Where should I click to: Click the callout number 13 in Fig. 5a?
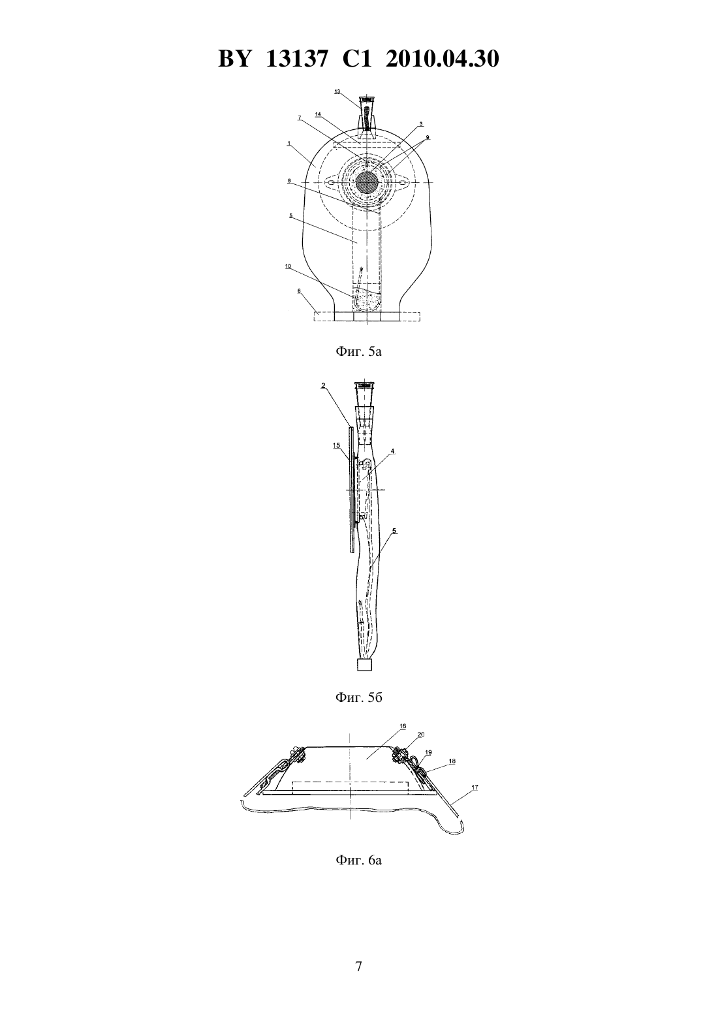(x=337, y=91)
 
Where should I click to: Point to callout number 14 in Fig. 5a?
(x=318, y=115)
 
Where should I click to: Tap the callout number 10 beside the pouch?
(x=289, y=266)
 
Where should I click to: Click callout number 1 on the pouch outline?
(x=289, y=144)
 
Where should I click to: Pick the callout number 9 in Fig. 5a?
(x=428, y=137)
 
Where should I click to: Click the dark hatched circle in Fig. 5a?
(x=367, y=183)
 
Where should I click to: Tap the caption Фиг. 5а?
(x=358, y=351)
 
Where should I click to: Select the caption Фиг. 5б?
(x=358, y=697)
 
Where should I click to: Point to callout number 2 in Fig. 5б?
(x=323, y=386)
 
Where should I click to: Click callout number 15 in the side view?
(x=336, y=446)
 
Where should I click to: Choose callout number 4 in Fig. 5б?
(x=392, y=451)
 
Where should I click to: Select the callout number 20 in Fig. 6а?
(x=421, y=735)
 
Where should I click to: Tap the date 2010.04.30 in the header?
(x=443, y=59)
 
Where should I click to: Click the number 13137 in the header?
(x=296, y=59)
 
